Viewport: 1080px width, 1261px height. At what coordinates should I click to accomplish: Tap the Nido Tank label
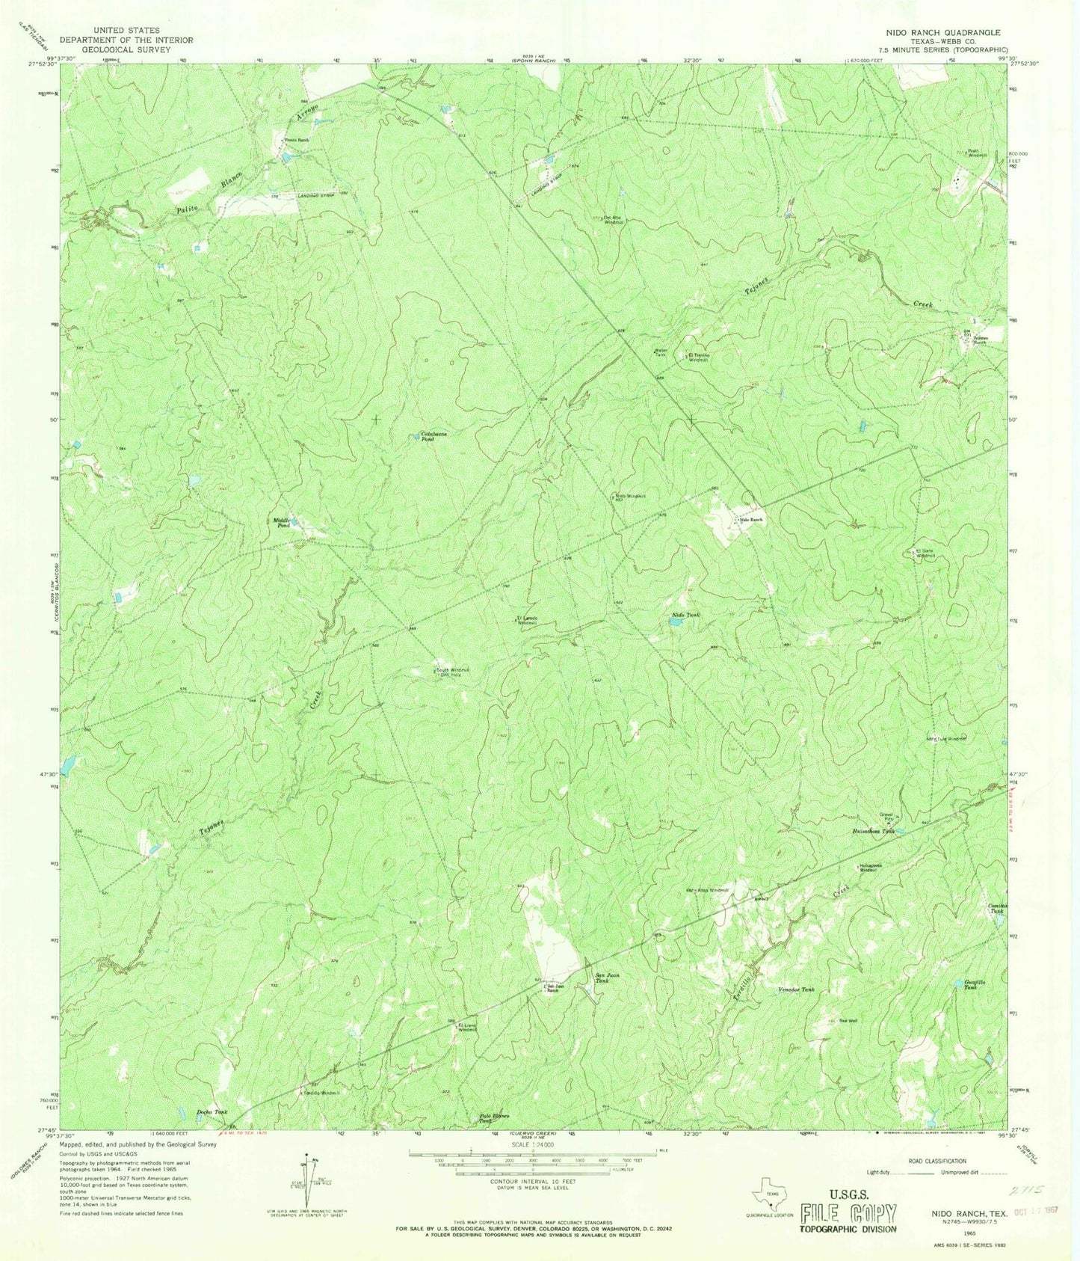click(685, 615)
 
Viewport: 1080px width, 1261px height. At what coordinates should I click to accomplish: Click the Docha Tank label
click(212, 1112)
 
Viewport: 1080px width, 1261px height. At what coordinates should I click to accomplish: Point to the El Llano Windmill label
click(467, 1027)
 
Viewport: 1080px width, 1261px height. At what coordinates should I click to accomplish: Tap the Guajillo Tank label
click(970, 985)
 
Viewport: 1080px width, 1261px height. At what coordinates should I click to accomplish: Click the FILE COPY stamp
click(848, 1212)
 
